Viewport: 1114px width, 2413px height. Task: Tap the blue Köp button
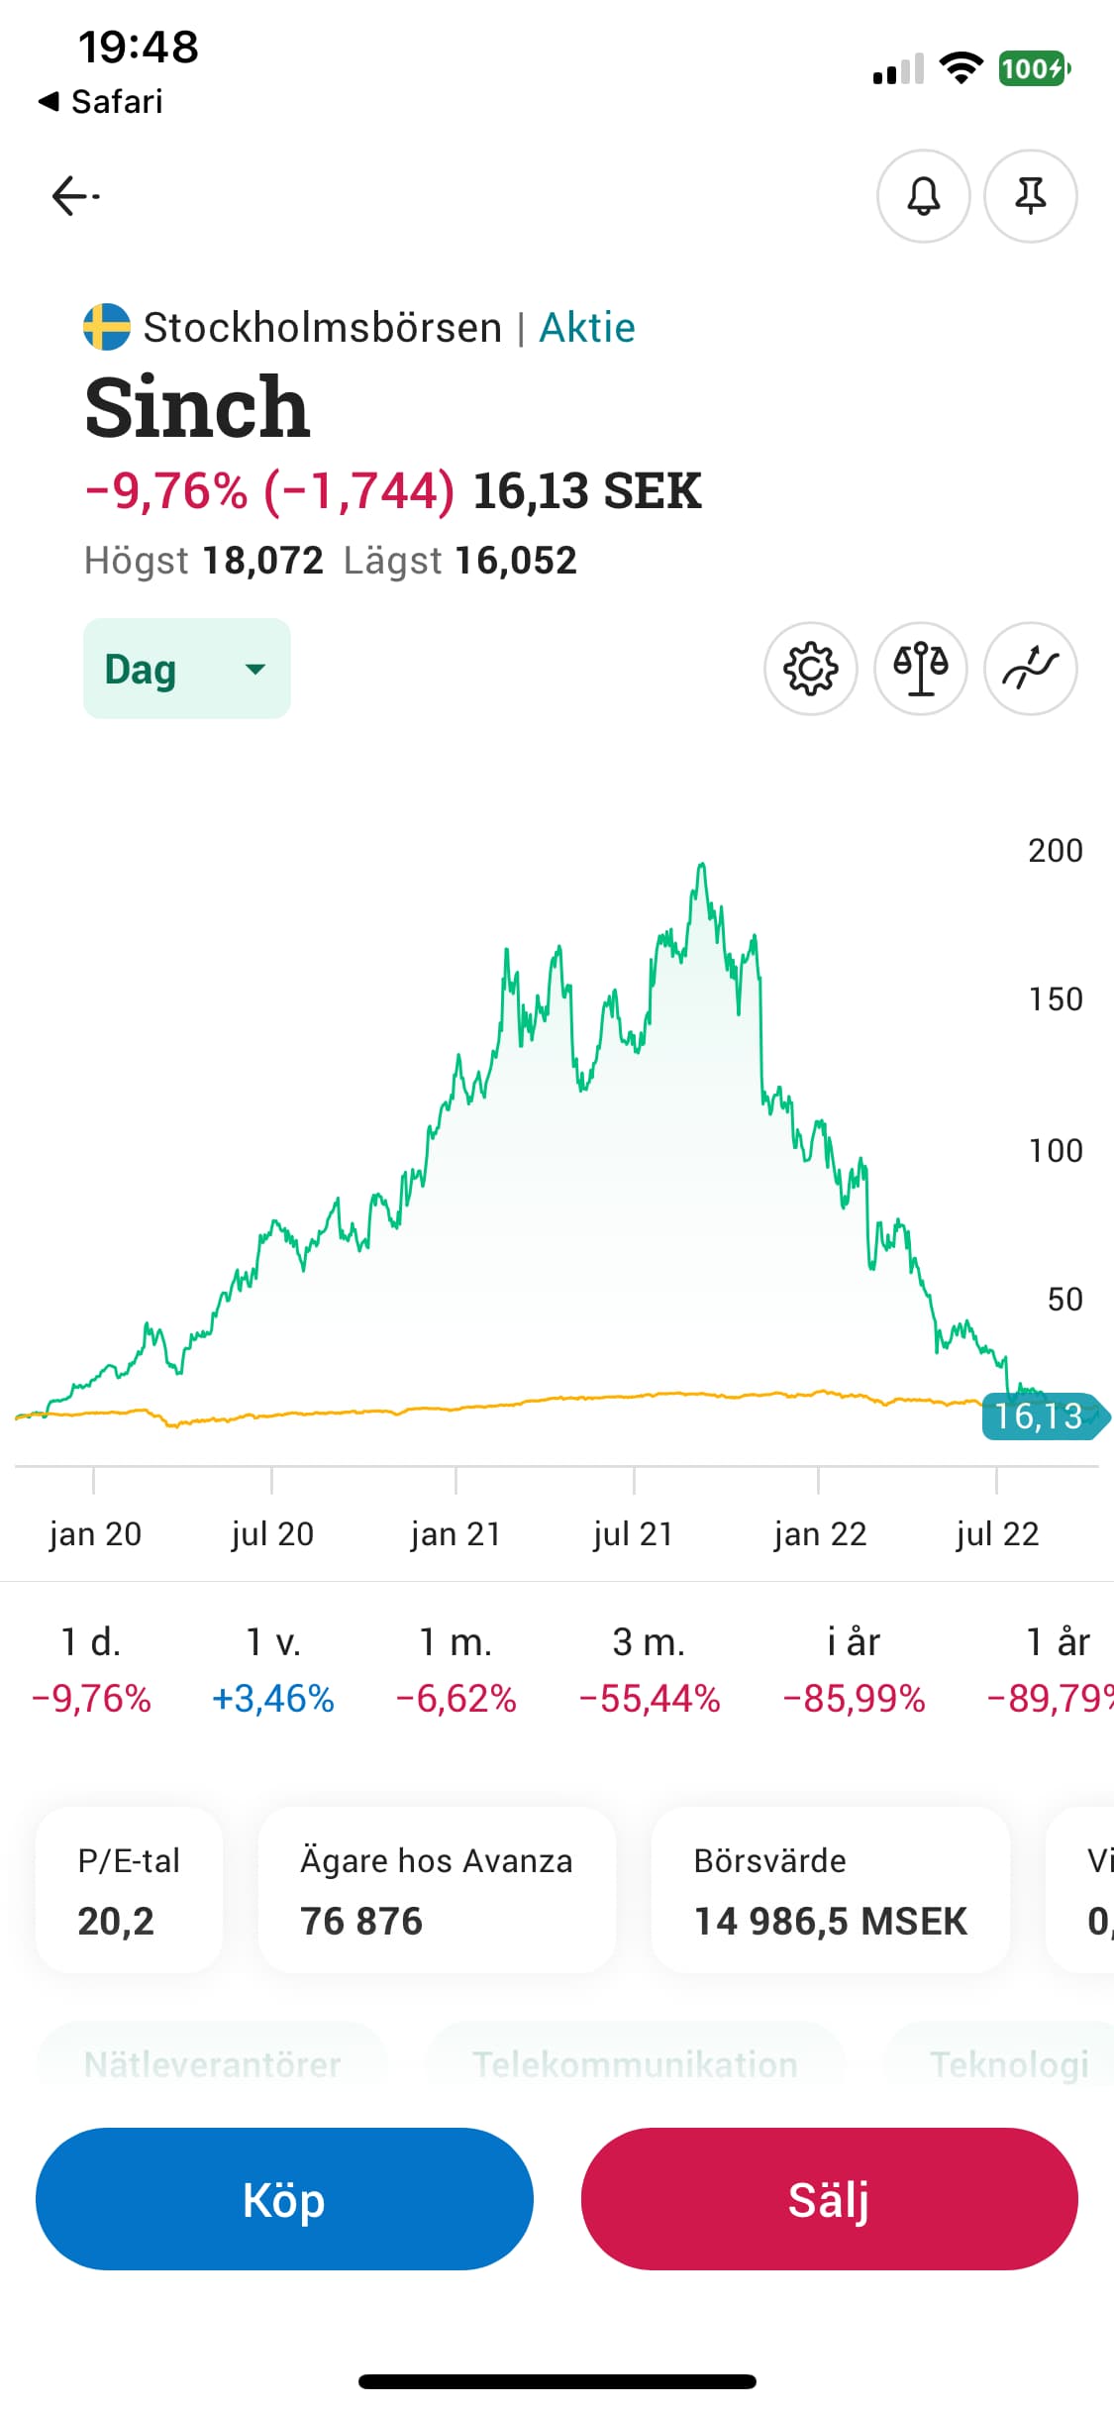coord(284,2199)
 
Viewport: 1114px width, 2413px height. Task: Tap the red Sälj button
coord(829,2199)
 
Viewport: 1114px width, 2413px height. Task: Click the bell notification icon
coord(923,196)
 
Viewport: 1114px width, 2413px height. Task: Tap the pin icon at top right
coord(1030,196)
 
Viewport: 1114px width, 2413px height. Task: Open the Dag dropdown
coord(186,669)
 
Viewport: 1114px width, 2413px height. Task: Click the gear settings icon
coord(810,669)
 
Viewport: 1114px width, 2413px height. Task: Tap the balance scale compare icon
coord(920,669)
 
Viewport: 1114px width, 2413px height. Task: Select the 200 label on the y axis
coord(1055,851)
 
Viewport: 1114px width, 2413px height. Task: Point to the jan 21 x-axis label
coord(456,1533)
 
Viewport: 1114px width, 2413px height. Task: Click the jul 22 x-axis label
coord(997,1533)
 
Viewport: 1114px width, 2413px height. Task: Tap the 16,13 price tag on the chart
coord(1040,1416)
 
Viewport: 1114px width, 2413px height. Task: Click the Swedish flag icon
coord(107,327)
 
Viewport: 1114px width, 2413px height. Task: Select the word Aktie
coord(587,328)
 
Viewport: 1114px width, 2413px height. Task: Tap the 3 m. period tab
coord(649,1669)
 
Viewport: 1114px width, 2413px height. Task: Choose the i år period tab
coord(854,1669)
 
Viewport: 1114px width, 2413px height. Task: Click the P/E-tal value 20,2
coord(116,1922)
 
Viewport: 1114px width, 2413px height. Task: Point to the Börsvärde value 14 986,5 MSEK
coord(830,1922)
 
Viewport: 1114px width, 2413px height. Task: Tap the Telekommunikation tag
coord(635,2064)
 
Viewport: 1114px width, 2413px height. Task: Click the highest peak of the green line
coord(701,865)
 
